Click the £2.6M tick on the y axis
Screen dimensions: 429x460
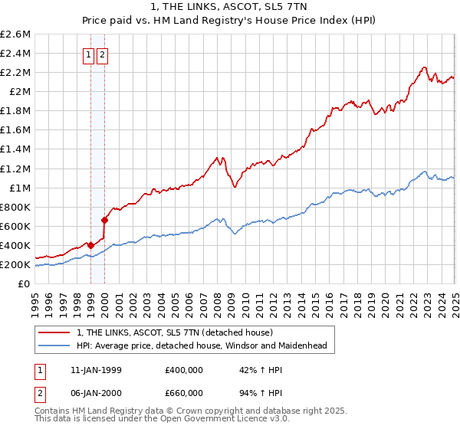pos(16,34)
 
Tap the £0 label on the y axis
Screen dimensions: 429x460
pos(25,284)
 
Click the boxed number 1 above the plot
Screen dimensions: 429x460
pos(88,54)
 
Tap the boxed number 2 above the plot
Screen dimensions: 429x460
pos(102,54)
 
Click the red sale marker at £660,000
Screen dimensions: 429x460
pos(105,221)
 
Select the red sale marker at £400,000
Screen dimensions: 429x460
pos(91,245)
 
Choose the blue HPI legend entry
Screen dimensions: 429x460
pos(201,345)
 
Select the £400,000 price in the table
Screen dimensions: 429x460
pos(184,370)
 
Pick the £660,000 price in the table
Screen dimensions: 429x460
pos(184,395)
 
